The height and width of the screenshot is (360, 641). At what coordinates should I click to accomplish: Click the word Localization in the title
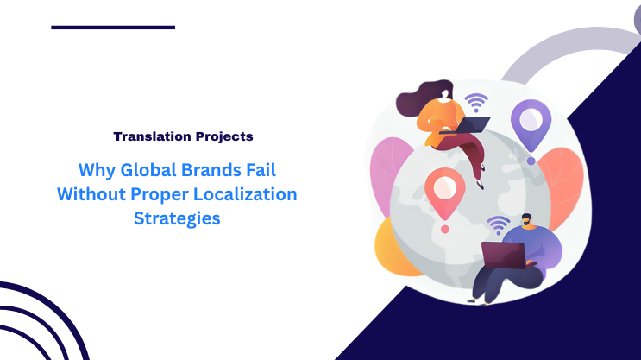tap(244, 194)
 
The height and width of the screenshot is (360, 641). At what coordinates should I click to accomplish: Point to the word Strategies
tap(177, 219)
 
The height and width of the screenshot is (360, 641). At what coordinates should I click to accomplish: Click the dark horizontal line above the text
tap(113, 27)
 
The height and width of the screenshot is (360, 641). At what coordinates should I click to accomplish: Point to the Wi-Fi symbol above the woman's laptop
tap(474, 104)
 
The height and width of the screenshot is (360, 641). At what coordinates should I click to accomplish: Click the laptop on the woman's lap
tap(471, 126)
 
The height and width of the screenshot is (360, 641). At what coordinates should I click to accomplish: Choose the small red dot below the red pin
tap(444, 230)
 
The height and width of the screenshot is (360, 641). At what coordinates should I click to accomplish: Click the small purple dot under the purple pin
tap(531, 161)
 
